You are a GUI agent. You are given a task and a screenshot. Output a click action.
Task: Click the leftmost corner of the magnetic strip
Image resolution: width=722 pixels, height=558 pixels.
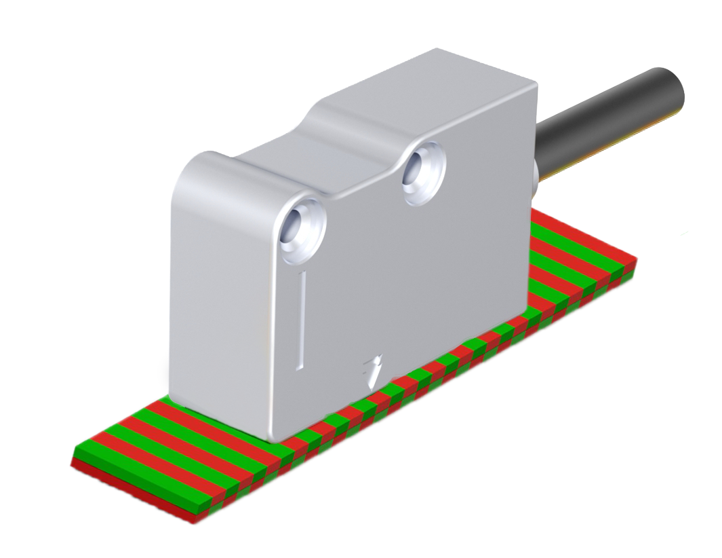click(x=73, y=462)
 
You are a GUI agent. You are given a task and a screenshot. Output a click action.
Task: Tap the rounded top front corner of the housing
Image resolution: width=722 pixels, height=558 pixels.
click(x=197, y=163)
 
